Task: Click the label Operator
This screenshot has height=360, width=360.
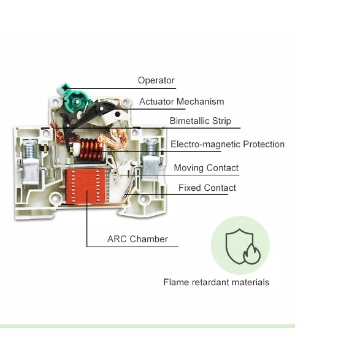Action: point(156,80)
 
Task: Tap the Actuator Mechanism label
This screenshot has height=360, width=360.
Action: point(182,101)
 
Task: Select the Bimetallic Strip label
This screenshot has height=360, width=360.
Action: point(200,121)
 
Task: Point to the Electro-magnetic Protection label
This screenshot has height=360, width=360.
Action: point(228,144)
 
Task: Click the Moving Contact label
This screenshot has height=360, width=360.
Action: point(206,168)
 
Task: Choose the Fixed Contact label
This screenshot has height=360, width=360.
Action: point(207,188)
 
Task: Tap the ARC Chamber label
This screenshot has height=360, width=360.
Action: point(137,239)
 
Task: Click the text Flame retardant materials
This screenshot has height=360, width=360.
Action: point(216,282)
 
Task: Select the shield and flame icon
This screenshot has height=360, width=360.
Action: point(243,247)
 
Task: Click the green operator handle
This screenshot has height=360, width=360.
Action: point(74,98)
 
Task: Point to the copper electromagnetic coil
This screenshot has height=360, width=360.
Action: point(90,150)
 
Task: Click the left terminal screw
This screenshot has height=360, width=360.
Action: point(30,149)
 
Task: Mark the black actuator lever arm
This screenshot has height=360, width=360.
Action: point(92,114)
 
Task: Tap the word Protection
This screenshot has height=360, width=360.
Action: point(264,144)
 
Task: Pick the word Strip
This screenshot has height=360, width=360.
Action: point(221,121)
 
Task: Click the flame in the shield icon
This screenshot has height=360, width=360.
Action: point(252,254)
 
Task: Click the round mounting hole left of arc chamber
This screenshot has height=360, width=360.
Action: point(55,197)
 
